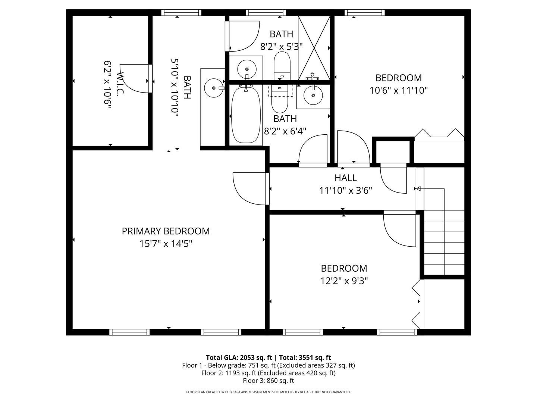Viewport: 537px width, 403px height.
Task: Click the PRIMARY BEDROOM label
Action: pyautogui.click(x=166, y=231)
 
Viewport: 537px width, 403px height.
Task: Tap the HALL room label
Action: pyautogui.click(x=345, y=178)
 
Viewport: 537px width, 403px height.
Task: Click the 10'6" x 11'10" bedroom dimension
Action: pyautogui.click(x=399, y=91)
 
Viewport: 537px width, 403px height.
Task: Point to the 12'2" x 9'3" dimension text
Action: pyautogui.click(x=344, y=281)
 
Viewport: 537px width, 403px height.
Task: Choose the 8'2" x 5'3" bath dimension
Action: pyautogui.click(x=281, y=47)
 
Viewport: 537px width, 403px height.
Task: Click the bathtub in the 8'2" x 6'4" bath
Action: pyautogui.click(x=246, y=115)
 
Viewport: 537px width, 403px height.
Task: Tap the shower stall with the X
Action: pyautogui.click(x=314, y=48)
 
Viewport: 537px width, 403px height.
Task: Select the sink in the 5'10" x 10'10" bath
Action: pyautogui.click(x=214, y=88)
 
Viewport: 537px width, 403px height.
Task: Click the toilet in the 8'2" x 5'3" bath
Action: pyautogui.click(x=282, y=66)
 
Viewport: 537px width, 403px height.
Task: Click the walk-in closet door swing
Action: pyautogui.click(x=134, y=78)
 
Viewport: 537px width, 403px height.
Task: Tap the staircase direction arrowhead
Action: pyautogui.click(x=418, y=189)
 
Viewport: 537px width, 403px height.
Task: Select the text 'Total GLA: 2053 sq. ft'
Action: pyautogui.click(x=239, y=357)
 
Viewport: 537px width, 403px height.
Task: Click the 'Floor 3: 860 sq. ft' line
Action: pyautogui.click(x=268, y=381)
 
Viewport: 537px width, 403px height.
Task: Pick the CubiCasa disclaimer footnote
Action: pyautogui.click(x=268, y=392)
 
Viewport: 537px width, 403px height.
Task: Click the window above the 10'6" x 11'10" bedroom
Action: pyautogui.click(x=364, y=12)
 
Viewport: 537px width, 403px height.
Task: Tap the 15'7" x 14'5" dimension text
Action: pyautogui.click(x=166, y=244)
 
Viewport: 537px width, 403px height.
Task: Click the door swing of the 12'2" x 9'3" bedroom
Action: pyautogui.click(x=399, y=231)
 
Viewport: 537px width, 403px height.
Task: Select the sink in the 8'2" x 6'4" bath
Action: pyautogui.click(x=313, y=96)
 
